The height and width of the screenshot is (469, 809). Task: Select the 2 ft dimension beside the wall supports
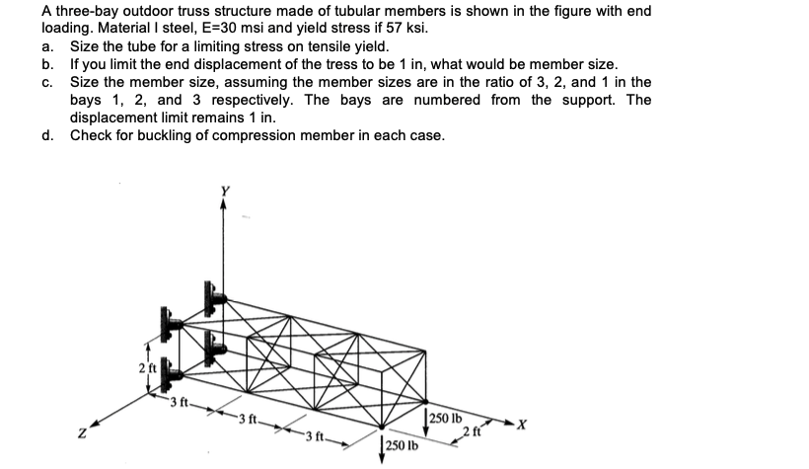[x=146, y=368]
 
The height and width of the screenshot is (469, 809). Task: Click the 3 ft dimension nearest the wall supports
[x=179, y=400]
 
